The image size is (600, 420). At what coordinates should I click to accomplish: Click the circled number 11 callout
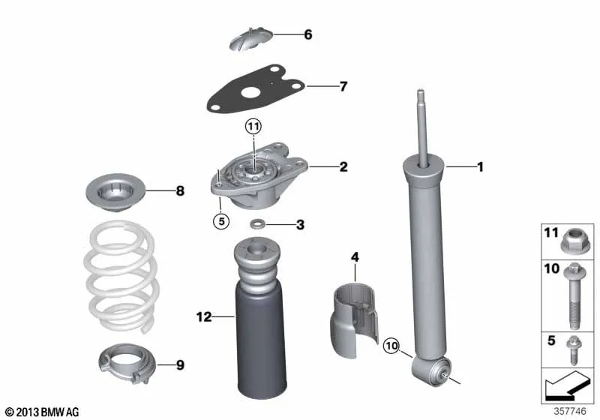pos(253,126)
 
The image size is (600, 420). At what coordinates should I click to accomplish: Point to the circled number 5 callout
pos(221,221)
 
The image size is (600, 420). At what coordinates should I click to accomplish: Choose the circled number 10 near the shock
pos(391,346)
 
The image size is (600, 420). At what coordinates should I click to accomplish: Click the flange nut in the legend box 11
pos(575,241)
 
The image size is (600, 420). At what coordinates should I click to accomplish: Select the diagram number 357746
pos(570,411)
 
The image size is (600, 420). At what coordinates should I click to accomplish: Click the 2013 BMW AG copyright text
pos(42,412)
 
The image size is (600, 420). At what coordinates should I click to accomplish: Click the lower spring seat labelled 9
pos(128,362)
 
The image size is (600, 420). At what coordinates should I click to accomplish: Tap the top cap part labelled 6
pos(251,38)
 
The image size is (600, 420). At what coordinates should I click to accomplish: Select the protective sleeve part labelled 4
pos(353,319)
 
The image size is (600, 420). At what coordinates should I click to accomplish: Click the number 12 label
pos(204,316)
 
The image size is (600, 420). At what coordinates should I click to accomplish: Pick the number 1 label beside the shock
pos(480,166)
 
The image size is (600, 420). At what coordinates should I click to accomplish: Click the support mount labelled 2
pos(259,176)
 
